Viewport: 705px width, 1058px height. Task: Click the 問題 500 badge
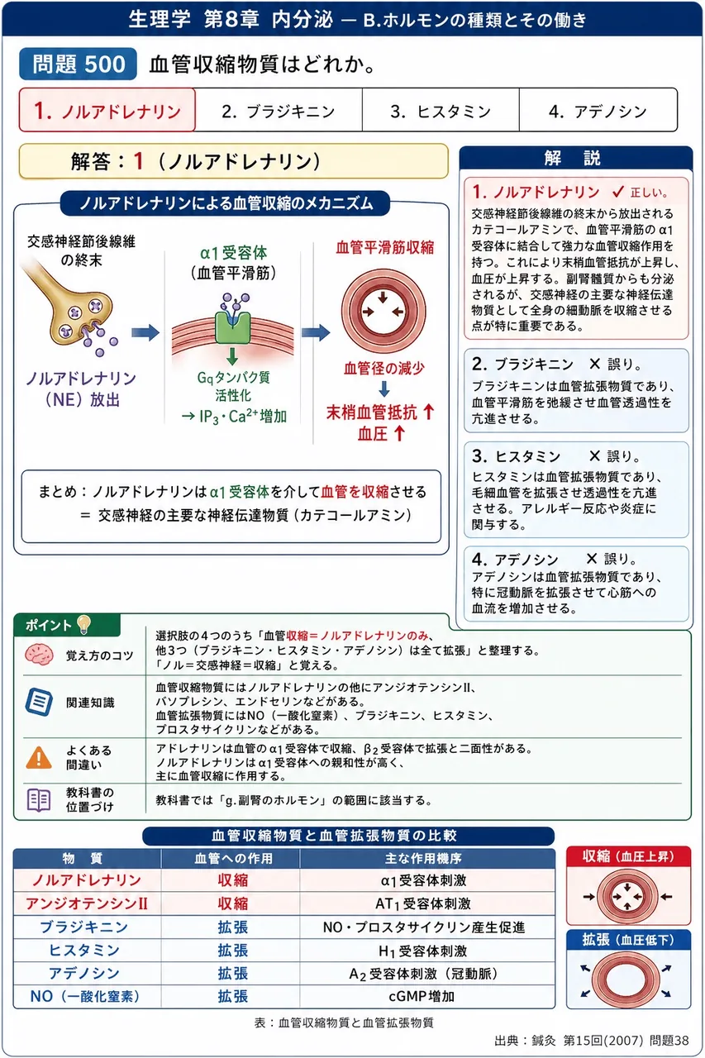tap(78, 64)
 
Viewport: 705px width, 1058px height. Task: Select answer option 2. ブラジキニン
tap(279, 111)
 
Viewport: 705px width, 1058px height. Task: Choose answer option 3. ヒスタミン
tap(441, 111)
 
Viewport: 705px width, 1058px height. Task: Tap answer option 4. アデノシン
tap(598, 111)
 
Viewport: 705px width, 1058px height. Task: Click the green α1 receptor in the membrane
tap(232, 326)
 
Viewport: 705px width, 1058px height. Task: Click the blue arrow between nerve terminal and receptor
tap(145, 332)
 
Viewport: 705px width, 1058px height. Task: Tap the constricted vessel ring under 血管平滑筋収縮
tap(383, 312)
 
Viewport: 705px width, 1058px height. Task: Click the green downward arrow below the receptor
tap(232, 356)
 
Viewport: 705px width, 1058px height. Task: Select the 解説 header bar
tap(575, 158)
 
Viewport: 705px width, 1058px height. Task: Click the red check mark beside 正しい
tap(618, 191)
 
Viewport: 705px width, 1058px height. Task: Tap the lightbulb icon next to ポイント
tap(83, 624)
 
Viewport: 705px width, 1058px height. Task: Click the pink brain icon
tap(38, 655)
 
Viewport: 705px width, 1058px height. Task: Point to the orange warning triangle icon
tap(39, 758)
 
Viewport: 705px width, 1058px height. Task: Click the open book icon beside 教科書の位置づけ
tap(39, 800)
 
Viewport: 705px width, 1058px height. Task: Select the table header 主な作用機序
tap(423, 858)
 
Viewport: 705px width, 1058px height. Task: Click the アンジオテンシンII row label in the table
tap(87, 903)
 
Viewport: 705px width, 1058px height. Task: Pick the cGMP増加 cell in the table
tap(422, 997)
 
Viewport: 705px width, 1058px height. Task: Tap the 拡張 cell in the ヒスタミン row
tap(232, 951)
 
